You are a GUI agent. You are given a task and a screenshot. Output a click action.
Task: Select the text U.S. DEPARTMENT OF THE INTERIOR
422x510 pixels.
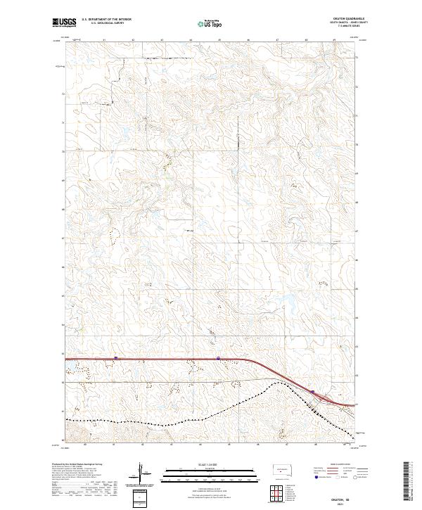coord(106,19)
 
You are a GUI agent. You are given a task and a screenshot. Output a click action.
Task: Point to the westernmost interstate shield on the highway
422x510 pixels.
coord(116,358)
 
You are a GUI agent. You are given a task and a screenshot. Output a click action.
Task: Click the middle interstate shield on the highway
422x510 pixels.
coord(219,358)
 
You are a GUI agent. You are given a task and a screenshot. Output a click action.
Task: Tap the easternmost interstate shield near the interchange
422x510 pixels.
coord(312,391)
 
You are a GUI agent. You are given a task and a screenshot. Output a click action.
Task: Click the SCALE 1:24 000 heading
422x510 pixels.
coord(205,464)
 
